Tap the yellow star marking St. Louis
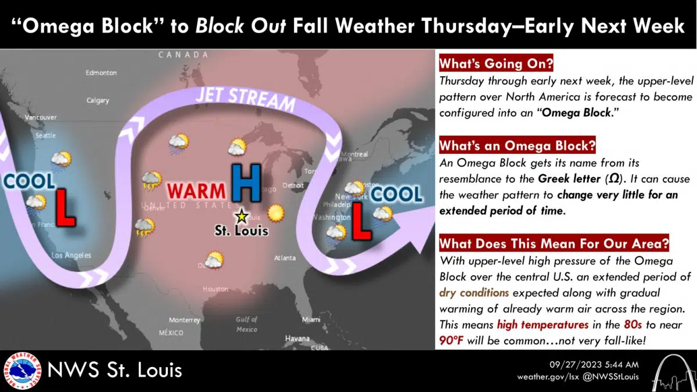(x=241, y=217)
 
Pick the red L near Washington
(x=362, y=222)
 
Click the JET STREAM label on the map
(x=246, y=99)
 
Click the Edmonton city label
(x=101, y=73)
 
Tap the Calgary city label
(x=98, y=100)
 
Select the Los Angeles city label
(x=71, y=255)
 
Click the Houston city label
(x=215, y=289)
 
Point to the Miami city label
(x=311, y=320)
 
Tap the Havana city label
(x=297, y=339)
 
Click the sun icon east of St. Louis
(x=277, y=213)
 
